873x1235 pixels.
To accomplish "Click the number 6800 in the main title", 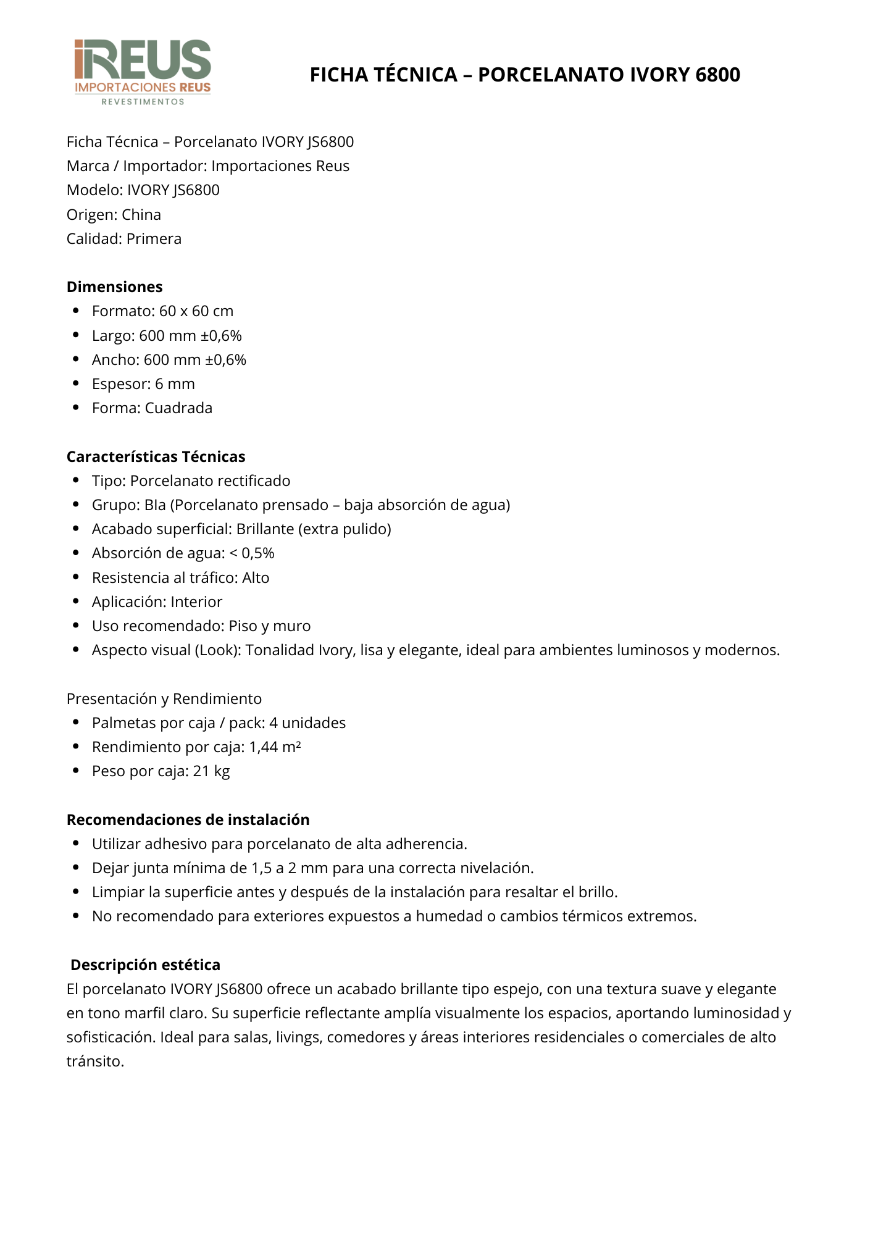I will pyautogui.click(x=717, y=75).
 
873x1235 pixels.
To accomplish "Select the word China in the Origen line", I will pyautogui.click(x=141, y=215).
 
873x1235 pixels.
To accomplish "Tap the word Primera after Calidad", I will pyautogui.click(x=154, y=239).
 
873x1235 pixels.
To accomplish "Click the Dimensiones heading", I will pyautogui.click(x=115, y=287).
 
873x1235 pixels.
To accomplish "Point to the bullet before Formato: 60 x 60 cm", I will pyautogui.click(x=76, y=311).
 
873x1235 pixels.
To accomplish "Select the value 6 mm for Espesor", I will pyautogui.click(x=175, y=384).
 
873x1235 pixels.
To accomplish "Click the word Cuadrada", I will pyautogui.click(x=178, y=408).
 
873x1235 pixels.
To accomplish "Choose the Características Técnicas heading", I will pyautogui.click(x=156, y=457).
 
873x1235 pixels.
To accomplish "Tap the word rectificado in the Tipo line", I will pyautogui.click(x=254, y=481).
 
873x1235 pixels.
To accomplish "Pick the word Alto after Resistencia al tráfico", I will pyautogui.click(x=256, y=578).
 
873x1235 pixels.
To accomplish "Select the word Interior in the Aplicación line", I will pyautogui.click(x=196, y=602).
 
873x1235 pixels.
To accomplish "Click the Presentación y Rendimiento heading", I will pyautogui.click(x=164, y=699).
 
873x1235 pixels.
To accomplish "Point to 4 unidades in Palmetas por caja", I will pyautogui.click(x=307, y=723).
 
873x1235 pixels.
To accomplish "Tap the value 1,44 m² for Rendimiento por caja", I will pyautogui.click(x=275, y=747).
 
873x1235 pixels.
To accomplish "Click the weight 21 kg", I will pyautogui.click(x=211, y=771).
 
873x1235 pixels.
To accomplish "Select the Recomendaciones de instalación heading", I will pyautogui.click(x=188, y=820).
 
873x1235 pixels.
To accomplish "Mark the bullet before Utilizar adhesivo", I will pyautogui.click(x=76, y=844).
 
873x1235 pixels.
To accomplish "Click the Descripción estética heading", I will pyautogui.click(x=145, y=965).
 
